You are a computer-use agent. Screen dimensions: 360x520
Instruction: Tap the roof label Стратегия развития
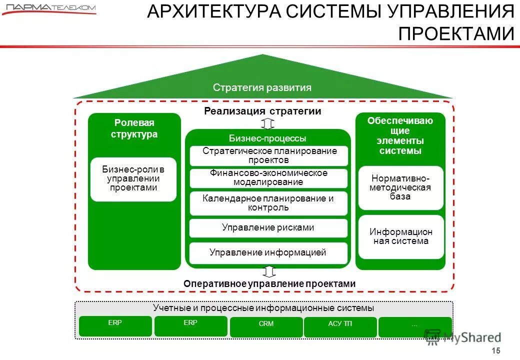point(262,88)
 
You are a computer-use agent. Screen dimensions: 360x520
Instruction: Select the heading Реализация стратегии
point(262,111)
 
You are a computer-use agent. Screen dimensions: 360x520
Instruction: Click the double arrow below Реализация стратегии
point(268,123)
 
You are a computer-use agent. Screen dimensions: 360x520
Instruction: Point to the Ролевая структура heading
point(134,128)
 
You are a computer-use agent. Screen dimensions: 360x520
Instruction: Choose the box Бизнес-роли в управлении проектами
point(133,179)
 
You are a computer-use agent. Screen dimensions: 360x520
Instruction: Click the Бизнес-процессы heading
point(267,138)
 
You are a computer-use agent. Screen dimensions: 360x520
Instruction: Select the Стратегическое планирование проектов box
point(268,155)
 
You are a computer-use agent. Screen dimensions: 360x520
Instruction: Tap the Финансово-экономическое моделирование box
point(268,177)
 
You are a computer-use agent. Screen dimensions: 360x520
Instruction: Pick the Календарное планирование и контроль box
point(268,202)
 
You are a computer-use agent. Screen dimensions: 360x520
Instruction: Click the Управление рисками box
point(268,227)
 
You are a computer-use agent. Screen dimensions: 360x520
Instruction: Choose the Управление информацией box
point(268,252)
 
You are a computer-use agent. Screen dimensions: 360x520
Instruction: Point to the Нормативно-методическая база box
point(400,187)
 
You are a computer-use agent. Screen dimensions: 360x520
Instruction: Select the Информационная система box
point(401,236)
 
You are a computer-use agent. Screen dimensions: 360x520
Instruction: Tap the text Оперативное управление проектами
point(269,284)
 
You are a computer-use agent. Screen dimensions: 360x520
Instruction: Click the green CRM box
point(266,326)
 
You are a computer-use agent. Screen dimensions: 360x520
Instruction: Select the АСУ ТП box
point(340,326)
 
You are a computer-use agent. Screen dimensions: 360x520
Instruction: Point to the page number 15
point(496,350)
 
